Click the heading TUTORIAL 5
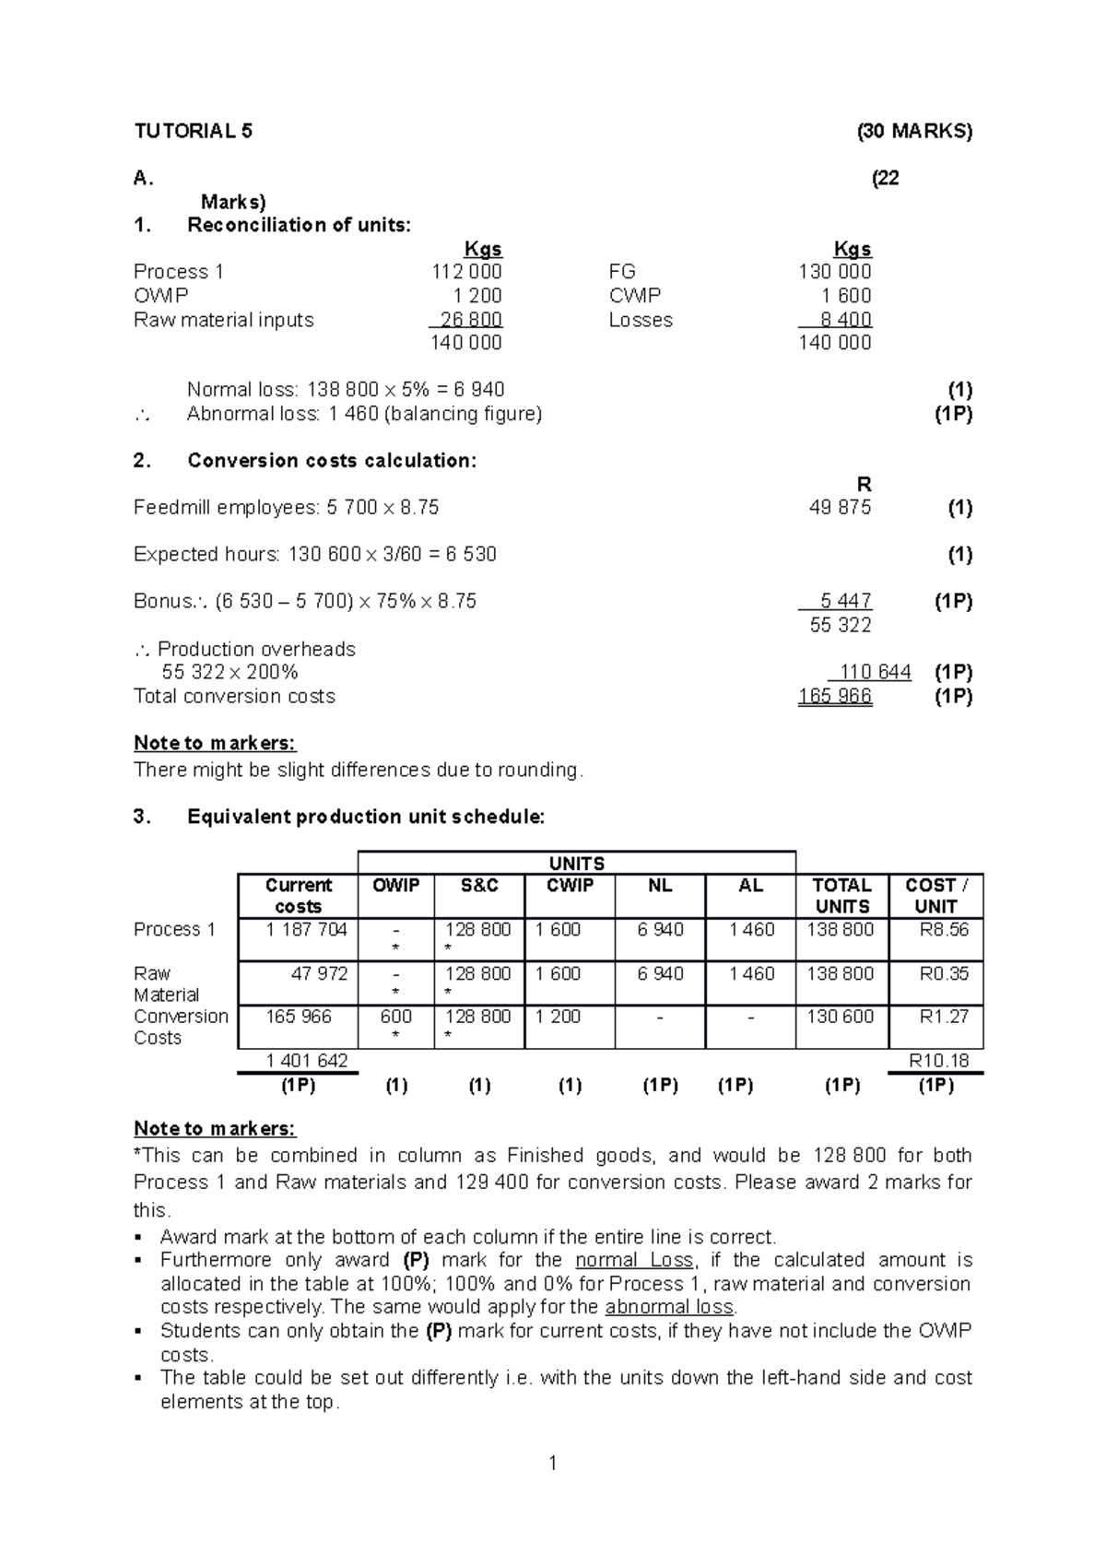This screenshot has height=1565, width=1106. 193,131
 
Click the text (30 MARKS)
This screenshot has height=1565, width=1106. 914,131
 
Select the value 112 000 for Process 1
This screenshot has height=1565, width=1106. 467,272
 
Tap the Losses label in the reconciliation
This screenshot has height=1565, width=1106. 641,320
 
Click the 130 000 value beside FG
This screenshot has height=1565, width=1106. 834,272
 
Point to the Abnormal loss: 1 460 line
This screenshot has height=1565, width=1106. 364,414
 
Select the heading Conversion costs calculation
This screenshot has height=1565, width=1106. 332,461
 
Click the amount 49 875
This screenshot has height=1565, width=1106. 840,508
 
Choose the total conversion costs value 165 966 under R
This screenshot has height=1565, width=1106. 835,697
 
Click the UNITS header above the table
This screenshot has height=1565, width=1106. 576,864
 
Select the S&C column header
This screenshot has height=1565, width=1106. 479,886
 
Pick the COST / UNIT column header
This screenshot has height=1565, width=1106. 935,896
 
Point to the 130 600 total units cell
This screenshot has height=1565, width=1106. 840,1017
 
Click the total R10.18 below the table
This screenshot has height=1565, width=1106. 938,1061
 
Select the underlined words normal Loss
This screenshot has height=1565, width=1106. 634,1261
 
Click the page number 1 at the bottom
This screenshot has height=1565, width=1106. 552,1464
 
